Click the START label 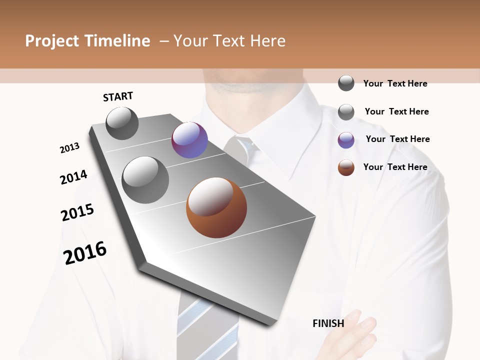[x=118, y=96]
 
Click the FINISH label [x=328, y=323]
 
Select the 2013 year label [x=69, y=148]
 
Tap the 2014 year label [x=73, y=177]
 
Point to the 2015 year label [x=77, y=212]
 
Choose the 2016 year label [x=85, y=253]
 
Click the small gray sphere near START [x=122, y=123]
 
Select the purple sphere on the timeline [x=189, y=140]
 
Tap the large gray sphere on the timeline [x=145, y=179]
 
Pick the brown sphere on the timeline [x=216, y=207]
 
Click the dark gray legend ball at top [x=346, y=83]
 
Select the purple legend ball [x=346, y=140]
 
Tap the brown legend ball [x=346, y=167]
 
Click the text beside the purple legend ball [x=397, y=139]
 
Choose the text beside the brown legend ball [x=395, y=167]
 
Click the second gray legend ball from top [x=346, y=112]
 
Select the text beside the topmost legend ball [x=395, y=83]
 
